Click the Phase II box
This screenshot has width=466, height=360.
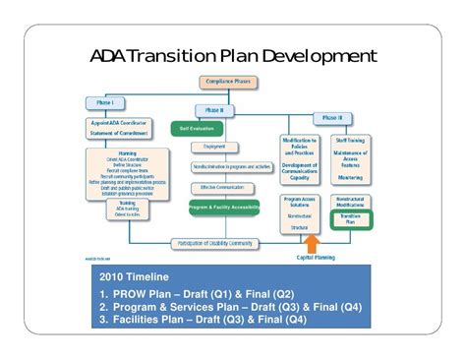pos(215,109)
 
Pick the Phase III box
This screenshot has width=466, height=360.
pos(333,117)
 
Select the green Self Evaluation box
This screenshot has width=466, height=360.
pos(195,128)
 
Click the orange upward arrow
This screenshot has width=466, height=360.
pos(313,243)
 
